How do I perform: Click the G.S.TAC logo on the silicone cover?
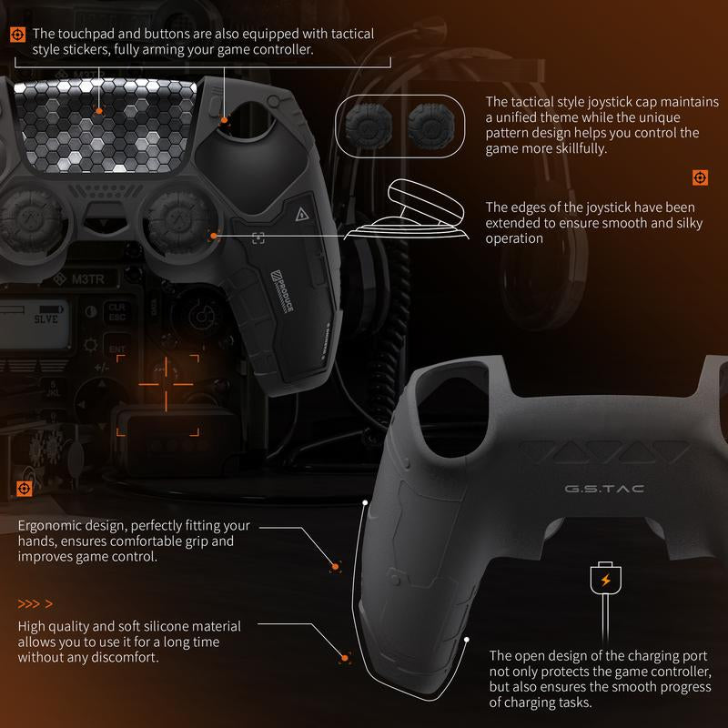(604, 489)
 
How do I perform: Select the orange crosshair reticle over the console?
(167, 384)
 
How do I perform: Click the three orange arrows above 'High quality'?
(35, 604)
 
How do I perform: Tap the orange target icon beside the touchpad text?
(17, 35)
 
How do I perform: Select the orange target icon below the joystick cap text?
(700, 177)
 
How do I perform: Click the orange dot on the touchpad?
(98, 109)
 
